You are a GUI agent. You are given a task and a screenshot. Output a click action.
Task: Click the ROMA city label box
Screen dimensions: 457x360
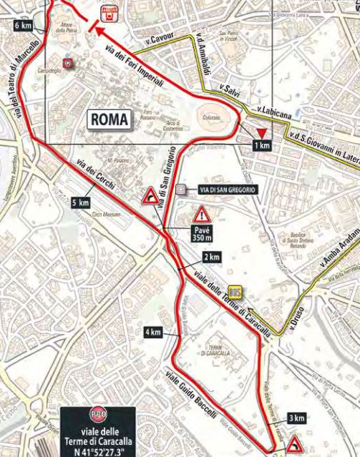tap(109, 120)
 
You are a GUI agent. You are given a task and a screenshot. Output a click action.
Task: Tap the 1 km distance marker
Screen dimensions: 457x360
tap(263, 145)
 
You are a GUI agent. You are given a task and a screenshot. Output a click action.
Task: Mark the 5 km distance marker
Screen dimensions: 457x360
tap(82, 203)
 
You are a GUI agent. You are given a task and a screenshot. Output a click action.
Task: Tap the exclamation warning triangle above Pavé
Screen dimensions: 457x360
tap(203, 214)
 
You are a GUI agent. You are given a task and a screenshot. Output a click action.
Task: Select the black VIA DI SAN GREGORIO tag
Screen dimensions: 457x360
tap(220, 190)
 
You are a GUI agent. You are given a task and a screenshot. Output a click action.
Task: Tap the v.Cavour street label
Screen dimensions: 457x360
tap(158, 41)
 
